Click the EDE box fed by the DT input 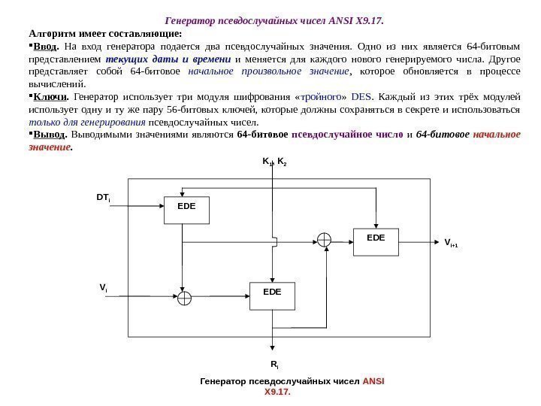click(187, 210)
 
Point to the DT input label click(104, 198)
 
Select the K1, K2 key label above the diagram click(273, 161)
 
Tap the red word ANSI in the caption click(373, 381)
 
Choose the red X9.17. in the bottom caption click(277, 392)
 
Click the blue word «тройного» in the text click(321, 97)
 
